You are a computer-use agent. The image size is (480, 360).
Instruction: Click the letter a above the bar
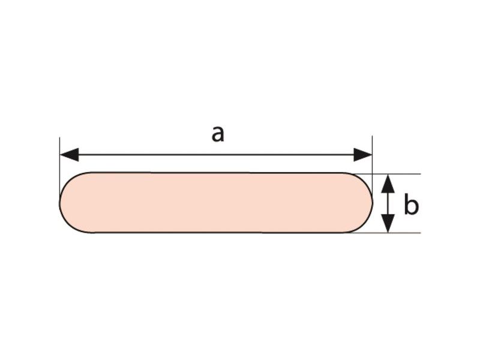(217, 134)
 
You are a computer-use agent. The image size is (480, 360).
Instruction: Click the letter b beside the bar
(410, 205)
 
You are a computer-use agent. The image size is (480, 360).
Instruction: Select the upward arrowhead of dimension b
(389, 182)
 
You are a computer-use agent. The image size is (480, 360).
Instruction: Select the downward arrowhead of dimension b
(389, 224)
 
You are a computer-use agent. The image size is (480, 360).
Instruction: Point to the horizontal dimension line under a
(216, 155)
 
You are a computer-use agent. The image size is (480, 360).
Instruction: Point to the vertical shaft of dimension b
(389, 203)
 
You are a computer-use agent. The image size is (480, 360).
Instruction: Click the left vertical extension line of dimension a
(60, 162)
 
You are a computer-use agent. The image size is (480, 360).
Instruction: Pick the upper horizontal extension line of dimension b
(402, 174)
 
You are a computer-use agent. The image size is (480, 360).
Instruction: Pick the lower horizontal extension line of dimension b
(402, 232)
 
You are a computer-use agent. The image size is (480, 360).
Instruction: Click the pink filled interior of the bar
(216, 203)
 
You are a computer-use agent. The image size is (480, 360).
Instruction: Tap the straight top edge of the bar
(216, 173)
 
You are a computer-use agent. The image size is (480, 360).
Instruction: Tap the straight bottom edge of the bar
(216, 233)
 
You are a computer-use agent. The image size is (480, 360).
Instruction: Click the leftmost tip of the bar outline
(59, 203)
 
